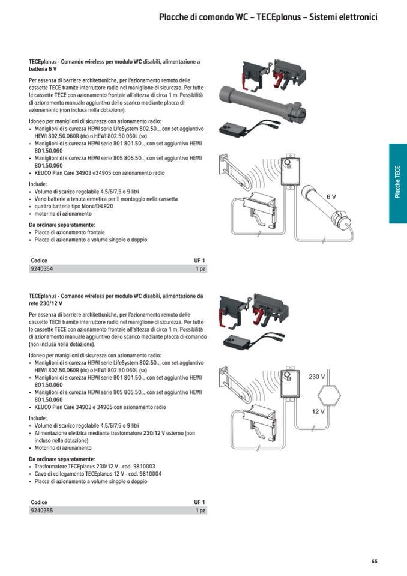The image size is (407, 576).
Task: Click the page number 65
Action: tap(374, 562)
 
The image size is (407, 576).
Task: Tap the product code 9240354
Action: tap(41, 270)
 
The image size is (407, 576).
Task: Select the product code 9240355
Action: tap(41, 511)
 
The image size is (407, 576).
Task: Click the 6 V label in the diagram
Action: tap(331, 197)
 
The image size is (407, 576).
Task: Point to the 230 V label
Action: tap(316, 377)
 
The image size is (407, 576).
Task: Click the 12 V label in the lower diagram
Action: tap(318, 411)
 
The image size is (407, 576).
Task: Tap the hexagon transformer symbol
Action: tap(328, 395)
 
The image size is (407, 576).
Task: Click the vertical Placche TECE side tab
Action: tap(397, 183)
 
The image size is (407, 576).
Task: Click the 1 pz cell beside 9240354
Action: tap(200, 270)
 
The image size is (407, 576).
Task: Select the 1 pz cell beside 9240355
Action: tap(200, 511)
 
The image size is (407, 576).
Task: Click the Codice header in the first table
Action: tap(38, 261)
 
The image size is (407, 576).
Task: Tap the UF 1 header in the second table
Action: tap(199, 502)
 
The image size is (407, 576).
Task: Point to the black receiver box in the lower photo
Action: tap(238, 342)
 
